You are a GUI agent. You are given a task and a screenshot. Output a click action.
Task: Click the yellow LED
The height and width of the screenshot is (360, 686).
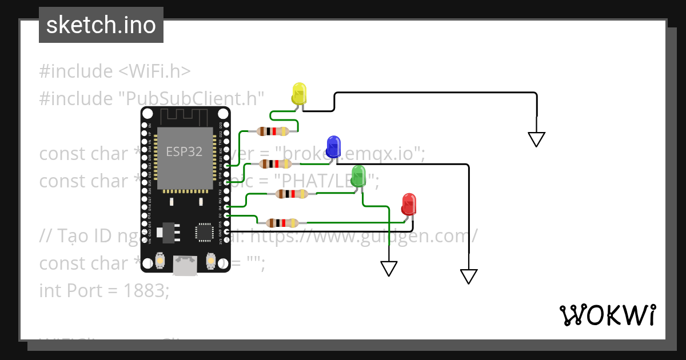point(299,93)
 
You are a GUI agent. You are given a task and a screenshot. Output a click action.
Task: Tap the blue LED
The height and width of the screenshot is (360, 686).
point(333,146)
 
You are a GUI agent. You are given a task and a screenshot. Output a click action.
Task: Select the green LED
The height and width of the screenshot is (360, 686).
point(358,175)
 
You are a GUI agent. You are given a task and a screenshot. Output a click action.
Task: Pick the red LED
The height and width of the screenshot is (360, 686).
point(409,204)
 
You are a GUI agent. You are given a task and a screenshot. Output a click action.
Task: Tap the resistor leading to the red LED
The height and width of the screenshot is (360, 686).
point(282,223)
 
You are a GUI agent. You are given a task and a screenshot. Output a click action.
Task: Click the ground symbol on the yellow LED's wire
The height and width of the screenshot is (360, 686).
point(536,139)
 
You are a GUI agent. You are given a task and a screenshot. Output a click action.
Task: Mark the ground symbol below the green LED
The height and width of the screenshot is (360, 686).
point(389,268)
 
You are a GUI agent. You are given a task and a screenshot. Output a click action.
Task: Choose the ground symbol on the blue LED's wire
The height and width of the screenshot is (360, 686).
point(469,276)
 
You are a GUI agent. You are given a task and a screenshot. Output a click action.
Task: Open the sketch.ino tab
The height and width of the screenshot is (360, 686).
point(101,25)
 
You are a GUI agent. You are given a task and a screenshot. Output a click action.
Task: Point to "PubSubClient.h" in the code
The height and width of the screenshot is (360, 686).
point(191,98)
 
